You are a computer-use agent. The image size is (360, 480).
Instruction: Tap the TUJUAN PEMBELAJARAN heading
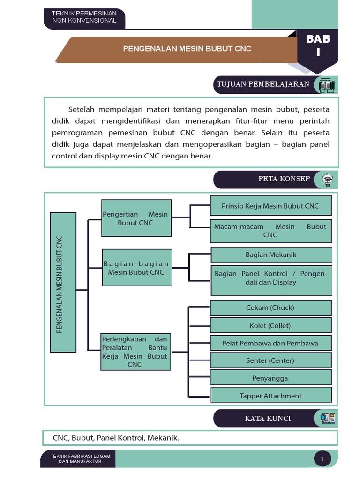262,84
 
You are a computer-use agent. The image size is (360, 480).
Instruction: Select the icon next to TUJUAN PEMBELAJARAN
326,85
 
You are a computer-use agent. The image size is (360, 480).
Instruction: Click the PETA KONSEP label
277,179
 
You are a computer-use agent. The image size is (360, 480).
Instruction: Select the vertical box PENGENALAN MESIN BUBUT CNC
63,282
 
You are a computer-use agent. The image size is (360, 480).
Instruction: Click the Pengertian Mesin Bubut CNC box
135,218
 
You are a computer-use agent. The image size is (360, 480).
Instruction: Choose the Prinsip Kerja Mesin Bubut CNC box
270,206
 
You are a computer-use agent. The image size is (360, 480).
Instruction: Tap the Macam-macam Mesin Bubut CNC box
270,231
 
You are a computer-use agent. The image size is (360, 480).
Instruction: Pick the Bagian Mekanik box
271,255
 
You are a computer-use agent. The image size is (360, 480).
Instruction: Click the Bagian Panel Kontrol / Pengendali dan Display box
271,278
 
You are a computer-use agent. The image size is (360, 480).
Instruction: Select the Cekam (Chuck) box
270,307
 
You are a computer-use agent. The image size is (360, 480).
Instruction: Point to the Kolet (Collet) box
270,325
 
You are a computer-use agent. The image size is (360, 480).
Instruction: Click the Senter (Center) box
270,360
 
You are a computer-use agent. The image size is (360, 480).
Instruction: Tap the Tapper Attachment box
271,395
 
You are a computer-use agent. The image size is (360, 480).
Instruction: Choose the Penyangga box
270,378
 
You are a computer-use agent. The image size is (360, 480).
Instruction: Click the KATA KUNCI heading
268,418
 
